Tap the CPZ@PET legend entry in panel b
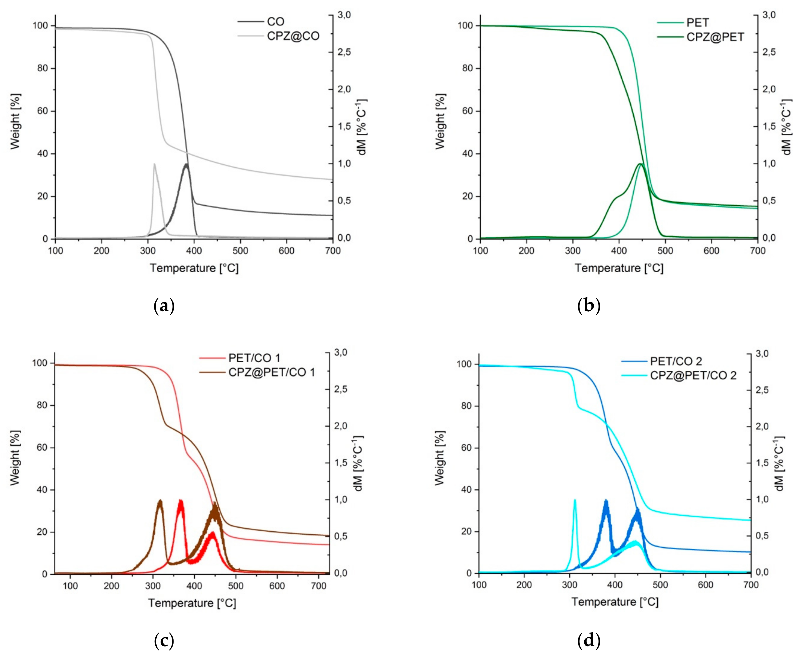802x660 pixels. [x=715, y=37]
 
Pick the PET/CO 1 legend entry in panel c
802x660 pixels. [x=254, y=358]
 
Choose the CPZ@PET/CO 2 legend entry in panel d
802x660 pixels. [x=693, y=376]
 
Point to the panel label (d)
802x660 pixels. [x=589, y=641]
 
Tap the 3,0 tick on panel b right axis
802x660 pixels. [x=769, y=15]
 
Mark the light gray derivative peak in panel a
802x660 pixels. [x=154, y=164]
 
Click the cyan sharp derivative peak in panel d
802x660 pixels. [x=575, y=500]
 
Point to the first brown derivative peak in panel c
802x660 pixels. [x=160, y=501]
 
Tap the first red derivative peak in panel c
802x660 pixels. [x=180, y=501]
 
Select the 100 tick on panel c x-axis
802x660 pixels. [x=70, y=586]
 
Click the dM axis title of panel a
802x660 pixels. [x=362, y=127]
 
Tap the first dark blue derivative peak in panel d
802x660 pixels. [x=606, y=501]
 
